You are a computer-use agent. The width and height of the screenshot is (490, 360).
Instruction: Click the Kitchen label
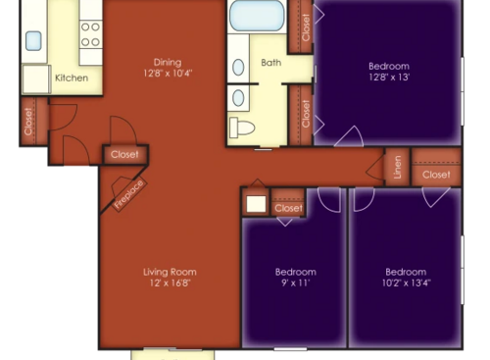click(72, 77)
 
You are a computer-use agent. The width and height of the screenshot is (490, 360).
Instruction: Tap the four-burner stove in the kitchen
click(90, 35)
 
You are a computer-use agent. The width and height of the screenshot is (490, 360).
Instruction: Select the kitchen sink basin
click(33, 40)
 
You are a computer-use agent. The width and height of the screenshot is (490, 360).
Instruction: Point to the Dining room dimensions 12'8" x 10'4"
click(168, 74)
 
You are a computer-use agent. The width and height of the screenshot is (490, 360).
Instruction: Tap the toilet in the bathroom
click(242, 127)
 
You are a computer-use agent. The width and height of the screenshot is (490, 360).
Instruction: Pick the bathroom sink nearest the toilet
click(238, 97)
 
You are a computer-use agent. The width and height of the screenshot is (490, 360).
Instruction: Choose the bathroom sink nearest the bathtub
click(238, 67)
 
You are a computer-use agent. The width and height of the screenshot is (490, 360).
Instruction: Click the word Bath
click(270, 63)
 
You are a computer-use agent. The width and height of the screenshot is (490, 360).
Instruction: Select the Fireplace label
click(129, 193)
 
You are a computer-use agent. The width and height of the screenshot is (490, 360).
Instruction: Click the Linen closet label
click(397, 167)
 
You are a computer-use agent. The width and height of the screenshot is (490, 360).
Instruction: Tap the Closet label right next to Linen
click(436, 175)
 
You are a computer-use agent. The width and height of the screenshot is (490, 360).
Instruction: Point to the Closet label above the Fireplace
click(124, 155)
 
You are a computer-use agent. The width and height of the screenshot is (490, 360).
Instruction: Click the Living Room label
click(170, 272)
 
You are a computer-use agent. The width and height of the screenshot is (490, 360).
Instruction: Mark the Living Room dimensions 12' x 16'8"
click(170, 283)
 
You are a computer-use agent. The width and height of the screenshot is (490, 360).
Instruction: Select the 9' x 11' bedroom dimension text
click(294, 283)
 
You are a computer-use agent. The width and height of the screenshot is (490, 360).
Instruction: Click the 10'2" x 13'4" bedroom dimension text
click(405, 283)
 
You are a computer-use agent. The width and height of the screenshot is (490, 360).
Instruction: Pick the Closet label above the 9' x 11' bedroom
click(289, 208)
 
